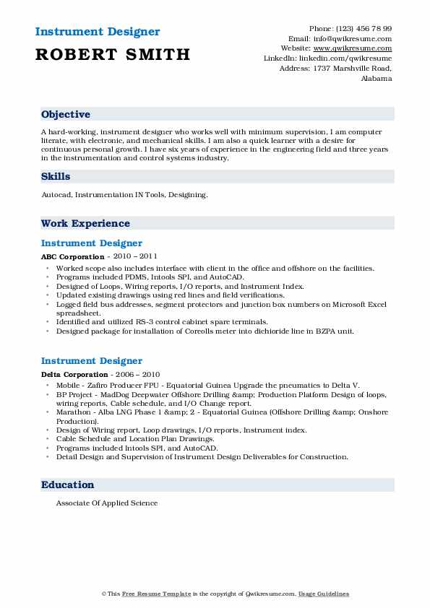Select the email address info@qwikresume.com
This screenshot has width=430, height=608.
click(353, 38)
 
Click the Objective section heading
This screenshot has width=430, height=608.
click(66, 115)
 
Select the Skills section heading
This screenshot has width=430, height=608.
click(56, 176)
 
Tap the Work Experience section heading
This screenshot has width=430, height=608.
click(85, 223)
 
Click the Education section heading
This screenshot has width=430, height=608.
click(67, 485)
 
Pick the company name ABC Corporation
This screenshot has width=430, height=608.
click(72, 256)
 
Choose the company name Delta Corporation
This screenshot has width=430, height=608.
click(74, 374)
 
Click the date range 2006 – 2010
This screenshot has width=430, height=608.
click(136, 374)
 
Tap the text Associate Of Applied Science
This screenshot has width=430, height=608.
click(106, 503)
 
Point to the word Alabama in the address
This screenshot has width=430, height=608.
click(376, 78)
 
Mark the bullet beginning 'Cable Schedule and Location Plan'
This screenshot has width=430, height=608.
click(135, 439)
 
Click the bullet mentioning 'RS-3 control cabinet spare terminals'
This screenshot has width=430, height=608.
click(162, 321)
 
